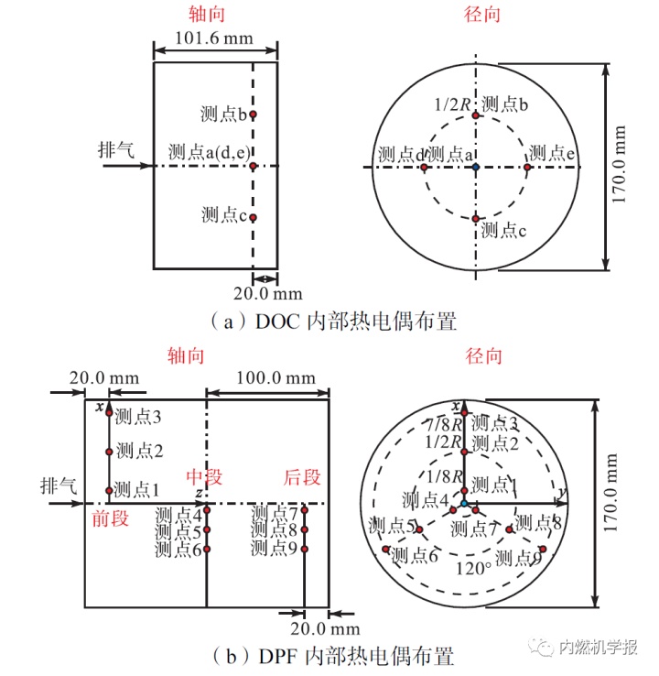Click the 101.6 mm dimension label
coord(215,41)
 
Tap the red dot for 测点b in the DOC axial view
coord(254,114)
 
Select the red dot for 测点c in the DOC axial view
coord(254,217)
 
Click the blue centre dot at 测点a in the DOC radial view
coord(476,167)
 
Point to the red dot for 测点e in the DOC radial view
coord(527,167)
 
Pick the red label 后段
coord(302,478)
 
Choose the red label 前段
coord(110,518)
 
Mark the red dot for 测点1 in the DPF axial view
coord(109,490)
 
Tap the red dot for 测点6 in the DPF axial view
coord(208,549)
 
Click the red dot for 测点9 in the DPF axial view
coord(305,549)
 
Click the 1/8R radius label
coord(442,475)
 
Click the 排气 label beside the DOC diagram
coord(116,149)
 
